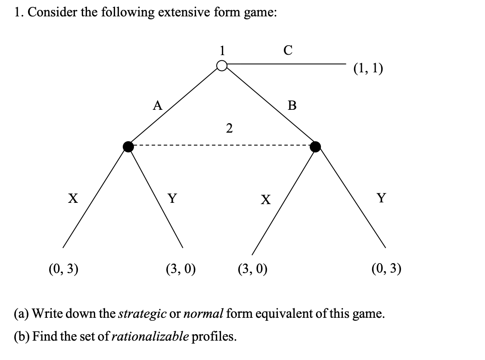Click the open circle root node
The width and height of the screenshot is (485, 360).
pyautogui.click(x=222, y=66)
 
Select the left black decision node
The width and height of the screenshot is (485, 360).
pyautogui.click(x=128, y=147)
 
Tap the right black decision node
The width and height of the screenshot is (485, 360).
pyautogui.click(x=315, y=147)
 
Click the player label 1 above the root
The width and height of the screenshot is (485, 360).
pyautogui.click(x=222, y=50)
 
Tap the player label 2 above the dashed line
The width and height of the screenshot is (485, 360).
pyautogui.click(x=229, y=128)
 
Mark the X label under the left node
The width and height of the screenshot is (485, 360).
pyautogui.click(x=73, y=198)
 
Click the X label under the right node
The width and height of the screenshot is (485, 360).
pyautogui.click(x=266, y=199)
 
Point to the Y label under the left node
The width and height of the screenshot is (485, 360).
pyautogui.click(x=172, y=199)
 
